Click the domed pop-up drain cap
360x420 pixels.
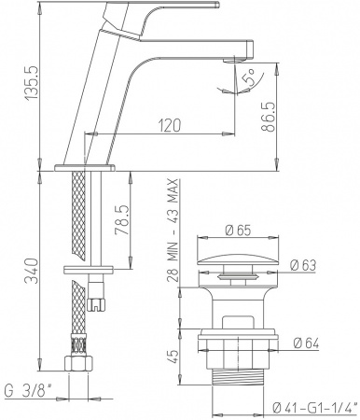coord(233,258)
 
